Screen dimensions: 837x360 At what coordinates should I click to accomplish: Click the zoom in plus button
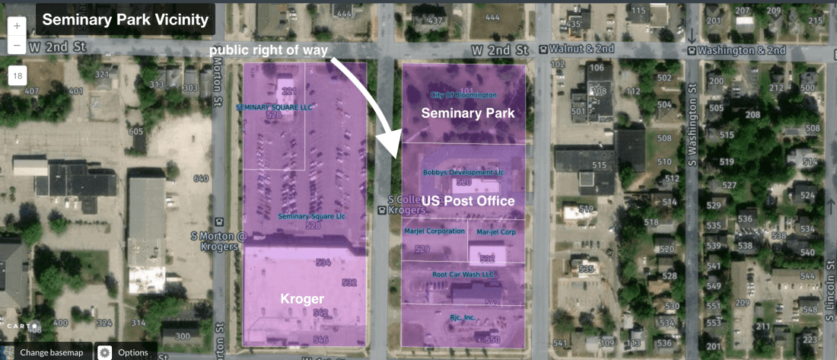click(18, 25)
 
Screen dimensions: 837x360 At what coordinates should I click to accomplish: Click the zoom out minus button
click(18, 45)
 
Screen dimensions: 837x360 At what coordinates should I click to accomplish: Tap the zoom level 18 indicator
click(18, 75)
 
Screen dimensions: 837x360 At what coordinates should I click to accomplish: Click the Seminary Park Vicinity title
click(125, 19)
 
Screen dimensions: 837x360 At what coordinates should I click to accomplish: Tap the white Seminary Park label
click(468, 113)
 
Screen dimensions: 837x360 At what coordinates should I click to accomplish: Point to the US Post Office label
click(469, 201)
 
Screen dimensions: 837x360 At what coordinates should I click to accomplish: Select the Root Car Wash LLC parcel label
click(463, 274)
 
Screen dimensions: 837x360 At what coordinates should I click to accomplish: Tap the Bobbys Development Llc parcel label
click(463, 173)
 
